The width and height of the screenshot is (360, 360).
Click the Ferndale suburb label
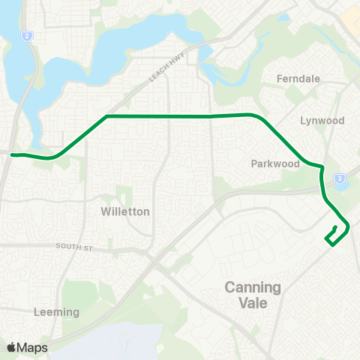tap(298, 78)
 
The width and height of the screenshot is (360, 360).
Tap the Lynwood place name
tap(322, 120)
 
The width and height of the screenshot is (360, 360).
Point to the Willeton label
tap(125, 211)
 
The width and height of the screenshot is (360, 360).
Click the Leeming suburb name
tap(56, 311)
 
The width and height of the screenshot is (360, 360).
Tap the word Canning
tap(253, 287)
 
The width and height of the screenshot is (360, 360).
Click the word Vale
tap(253, 304)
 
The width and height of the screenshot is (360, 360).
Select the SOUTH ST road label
tap(72, 246)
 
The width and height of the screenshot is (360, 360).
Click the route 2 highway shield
tap(27, 35)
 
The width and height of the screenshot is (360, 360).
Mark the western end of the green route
tap(13, 154)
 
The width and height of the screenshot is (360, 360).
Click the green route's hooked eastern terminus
tap(334, 228)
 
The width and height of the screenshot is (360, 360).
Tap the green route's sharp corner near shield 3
tap(322, 167)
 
